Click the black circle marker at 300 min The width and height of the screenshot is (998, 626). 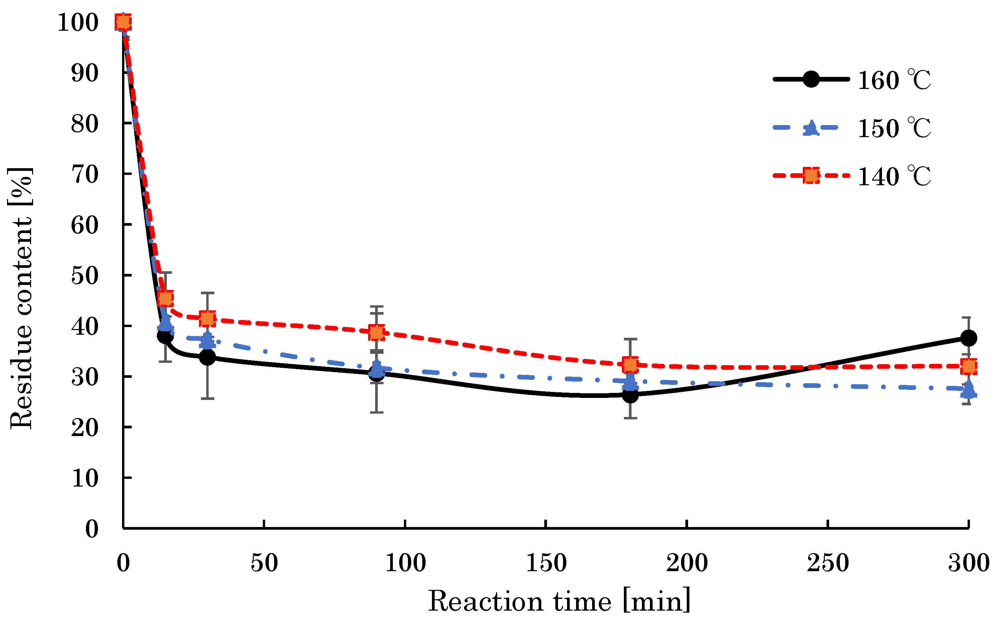click(x=969, y=338)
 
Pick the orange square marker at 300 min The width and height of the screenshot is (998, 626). click(x=969, y=367)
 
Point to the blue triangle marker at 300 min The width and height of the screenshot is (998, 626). click(x=969, y=389)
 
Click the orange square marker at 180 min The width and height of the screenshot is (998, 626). click(x=630, y=365)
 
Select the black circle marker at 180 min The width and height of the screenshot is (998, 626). click(x=630, y=395)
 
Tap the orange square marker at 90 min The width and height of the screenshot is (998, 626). click(x=376, y=332)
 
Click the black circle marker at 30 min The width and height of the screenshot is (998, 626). click(x=207, y=357)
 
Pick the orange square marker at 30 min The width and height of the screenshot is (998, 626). click(x=207, y=319)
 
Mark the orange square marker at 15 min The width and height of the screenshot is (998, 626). click(x=165, y=298)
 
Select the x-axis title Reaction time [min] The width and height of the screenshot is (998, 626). click(x=559, y=601)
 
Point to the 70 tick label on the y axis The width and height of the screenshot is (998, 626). click(x=85, y=174)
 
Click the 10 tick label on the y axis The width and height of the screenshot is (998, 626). click(x=85, y=478)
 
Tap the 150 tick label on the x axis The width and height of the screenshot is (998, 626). click(x=546, y=563)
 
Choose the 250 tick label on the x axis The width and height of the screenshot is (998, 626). click(x=827, y=563)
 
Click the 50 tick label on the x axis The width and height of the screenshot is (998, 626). click(x=264, y=563)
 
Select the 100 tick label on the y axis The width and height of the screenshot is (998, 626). click(x=78, y=22)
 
